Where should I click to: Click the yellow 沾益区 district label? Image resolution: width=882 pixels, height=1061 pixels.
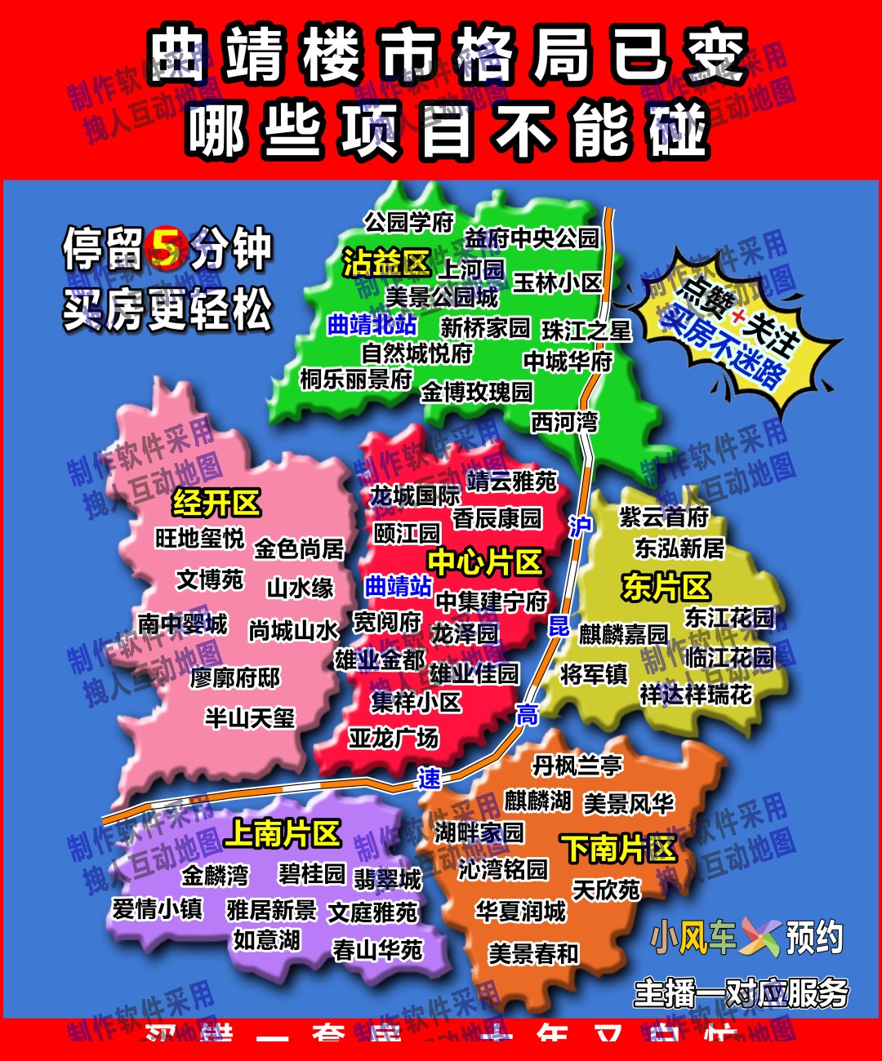click(386, 264)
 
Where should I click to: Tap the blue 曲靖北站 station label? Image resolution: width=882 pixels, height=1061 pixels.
click(372, 325)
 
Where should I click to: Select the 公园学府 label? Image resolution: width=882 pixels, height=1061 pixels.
click(408, 221)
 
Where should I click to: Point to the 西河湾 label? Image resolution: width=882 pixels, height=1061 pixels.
click(564, 422)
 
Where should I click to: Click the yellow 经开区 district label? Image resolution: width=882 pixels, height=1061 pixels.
click(216, 503)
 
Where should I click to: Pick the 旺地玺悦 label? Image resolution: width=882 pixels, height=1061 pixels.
click(199, 538)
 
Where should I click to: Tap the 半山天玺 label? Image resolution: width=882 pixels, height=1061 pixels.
click(249, 717)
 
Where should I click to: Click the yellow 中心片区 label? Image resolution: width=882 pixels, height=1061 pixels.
click(485, 562)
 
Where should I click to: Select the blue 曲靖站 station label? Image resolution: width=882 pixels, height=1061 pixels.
click(398, 586)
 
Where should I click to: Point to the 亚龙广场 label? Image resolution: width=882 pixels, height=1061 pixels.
click(394, 738)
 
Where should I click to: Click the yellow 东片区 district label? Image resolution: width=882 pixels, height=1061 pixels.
click(666, 586)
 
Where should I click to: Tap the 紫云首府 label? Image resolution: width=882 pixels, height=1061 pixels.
click(663, 517)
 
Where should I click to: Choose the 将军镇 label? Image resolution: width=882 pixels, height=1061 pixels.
click(594, 674)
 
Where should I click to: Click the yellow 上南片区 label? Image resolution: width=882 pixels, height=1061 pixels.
click(282, 833)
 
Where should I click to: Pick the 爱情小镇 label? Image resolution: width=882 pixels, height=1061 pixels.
click(157, 908)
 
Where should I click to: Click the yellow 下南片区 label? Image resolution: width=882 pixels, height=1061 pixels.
click(618, 849)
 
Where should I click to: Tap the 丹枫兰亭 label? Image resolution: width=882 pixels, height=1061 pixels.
click(577, 766)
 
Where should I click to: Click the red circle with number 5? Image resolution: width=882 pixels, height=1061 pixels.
click(167, 248)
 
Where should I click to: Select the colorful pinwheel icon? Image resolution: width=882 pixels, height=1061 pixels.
click(760, 938)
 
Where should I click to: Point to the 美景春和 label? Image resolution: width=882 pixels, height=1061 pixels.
click(533, 953)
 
